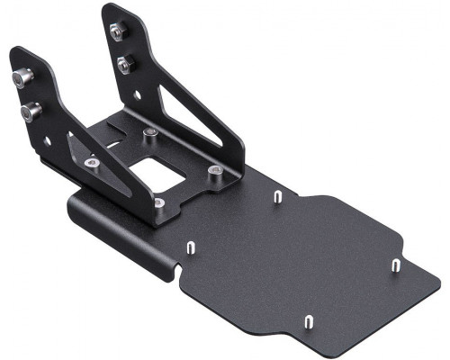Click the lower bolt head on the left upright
pyautogui.click(x=31, y=112)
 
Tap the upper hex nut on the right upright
pyautogui.click(x=116, y=31)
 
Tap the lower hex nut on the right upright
pyautogui.click(x=124, y=64)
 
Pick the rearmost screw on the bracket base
pyautogui.click(x=150, y=135)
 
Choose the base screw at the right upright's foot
pyautogui.click(x=213, y=169)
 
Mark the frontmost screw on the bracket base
pyautogui.click(x=158, y=202)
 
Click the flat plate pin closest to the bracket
pyautogui.click(x=278, y=195)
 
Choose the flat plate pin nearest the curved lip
pyautogui.click(x=191, y=246)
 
